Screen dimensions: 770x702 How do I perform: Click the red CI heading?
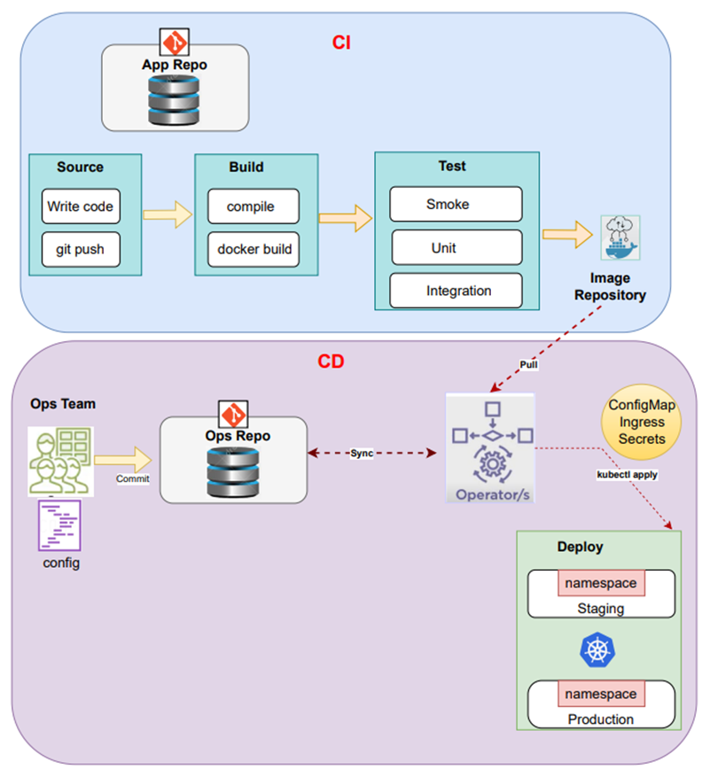click(x=342, y=42)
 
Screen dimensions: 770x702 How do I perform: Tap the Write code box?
click(x=80, y=206)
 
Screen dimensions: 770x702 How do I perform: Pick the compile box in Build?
click(x=250, y=206)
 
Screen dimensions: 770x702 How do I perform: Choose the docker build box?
click(x=254, y=249)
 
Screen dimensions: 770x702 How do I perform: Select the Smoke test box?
click(x=456, y=205)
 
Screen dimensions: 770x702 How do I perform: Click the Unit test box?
click(x=456, y=247)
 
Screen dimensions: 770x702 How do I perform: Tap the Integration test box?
click(x=456, y=290)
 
